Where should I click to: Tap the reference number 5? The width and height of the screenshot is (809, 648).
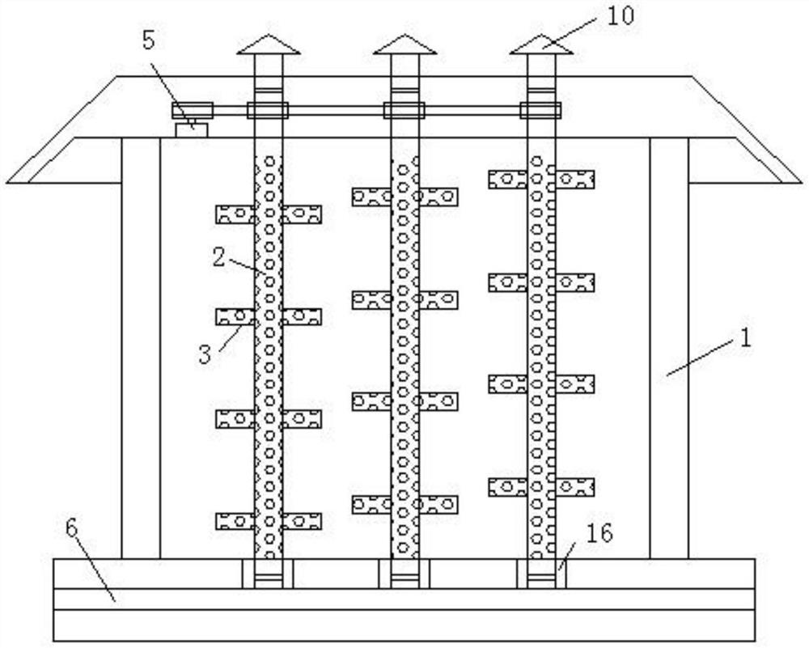149,41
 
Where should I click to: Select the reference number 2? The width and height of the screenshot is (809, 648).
218,258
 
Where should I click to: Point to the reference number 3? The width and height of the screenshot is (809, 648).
206,354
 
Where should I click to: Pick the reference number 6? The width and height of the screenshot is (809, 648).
72,530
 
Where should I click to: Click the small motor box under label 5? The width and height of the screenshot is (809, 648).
192,128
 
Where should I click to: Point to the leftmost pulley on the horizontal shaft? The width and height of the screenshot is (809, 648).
192,109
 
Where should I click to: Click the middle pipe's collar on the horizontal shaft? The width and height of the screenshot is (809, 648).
404,110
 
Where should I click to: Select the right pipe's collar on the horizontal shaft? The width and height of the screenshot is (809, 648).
541,110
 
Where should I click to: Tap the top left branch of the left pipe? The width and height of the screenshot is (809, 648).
235,214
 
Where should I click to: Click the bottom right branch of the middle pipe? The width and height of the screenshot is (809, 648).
438,505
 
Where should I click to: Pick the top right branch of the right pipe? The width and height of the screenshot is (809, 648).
575,180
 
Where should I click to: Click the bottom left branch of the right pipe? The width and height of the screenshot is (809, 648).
508,487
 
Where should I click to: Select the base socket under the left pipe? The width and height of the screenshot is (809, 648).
268,574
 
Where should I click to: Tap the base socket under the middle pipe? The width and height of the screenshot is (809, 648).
404,574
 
